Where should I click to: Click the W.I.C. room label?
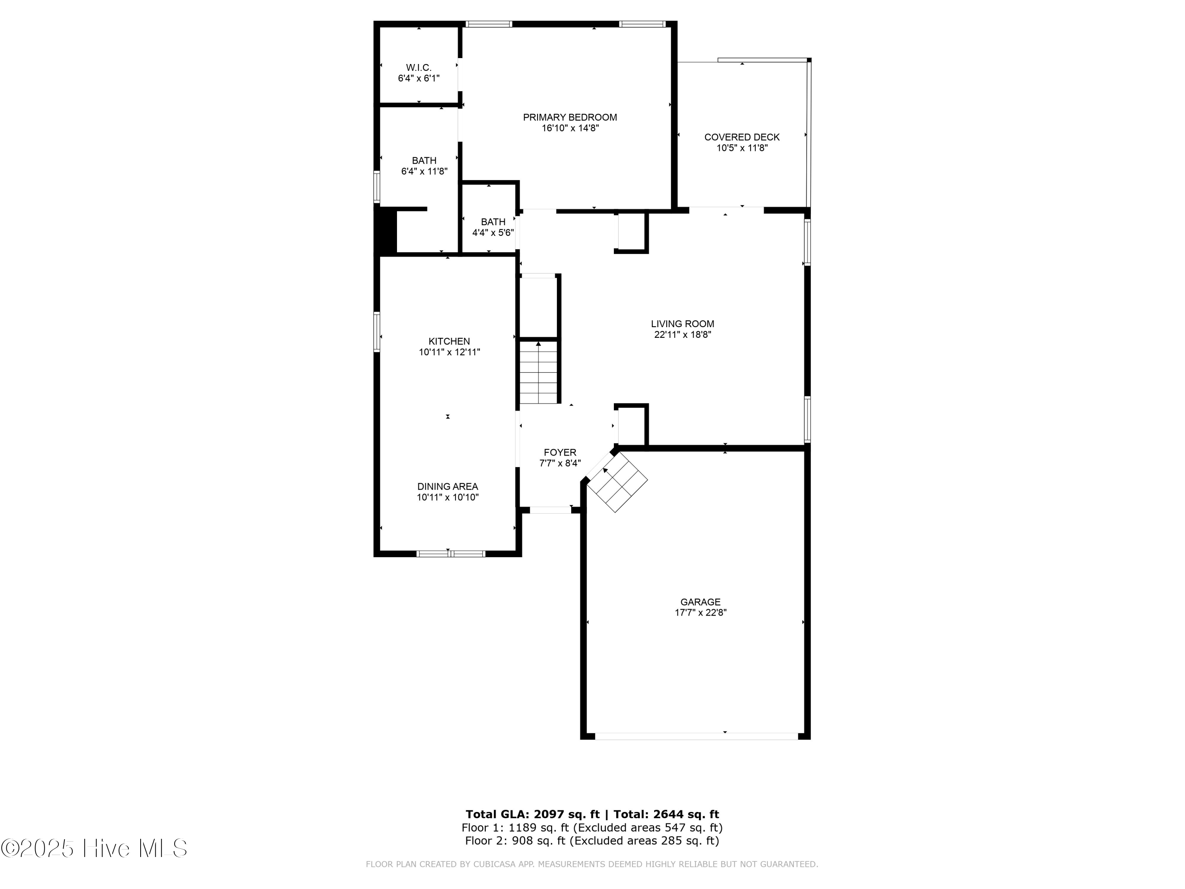418,68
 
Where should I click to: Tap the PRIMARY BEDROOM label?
570,117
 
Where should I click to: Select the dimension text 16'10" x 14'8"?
570,128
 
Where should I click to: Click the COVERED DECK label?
741,137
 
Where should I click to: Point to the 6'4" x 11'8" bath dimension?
424,171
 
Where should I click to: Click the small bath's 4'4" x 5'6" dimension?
492,233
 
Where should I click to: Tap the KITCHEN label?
449,341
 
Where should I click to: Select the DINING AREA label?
447,486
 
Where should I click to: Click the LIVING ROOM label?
682,324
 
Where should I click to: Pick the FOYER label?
560,452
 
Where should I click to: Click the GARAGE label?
700,602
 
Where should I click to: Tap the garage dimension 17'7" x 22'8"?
700,612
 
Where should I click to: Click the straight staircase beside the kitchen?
538,373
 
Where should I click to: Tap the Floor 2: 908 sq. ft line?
591,840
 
